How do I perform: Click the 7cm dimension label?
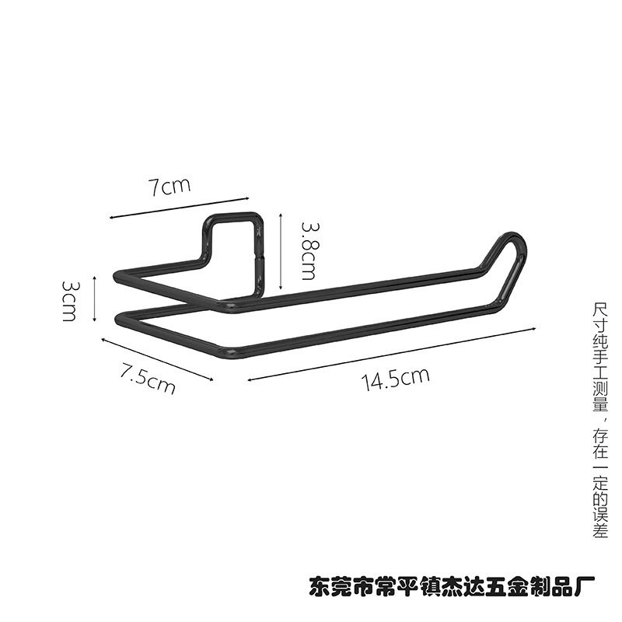[169, 187]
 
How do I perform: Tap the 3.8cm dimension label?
[308, 249]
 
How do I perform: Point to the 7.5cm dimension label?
[147, 376]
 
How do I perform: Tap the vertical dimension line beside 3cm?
[94, 298]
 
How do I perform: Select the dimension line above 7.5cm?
[155, 358]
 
